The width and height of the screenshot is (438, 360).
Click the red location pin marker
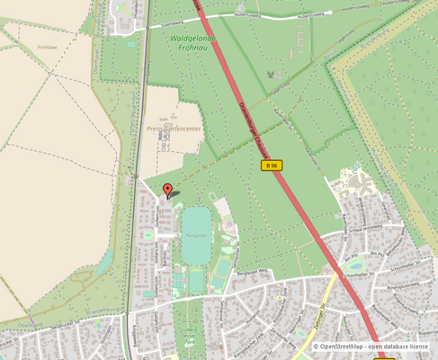click(167, 190)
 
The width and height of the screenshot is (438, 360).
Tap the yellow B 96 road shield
click(272, 166)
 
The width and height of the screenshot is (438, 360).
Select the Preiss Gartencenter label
click(174, 129)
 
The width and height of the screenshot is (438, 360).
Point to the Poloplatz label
click(194, 236)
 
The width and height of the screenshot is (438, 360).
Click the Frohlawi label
click(49, 47)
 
